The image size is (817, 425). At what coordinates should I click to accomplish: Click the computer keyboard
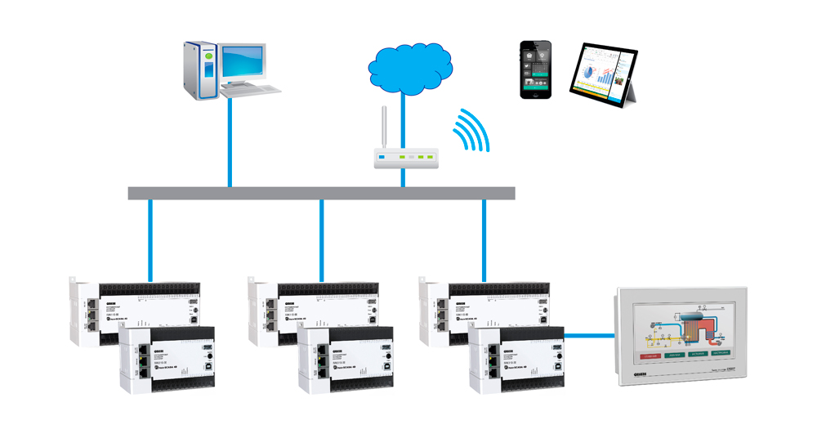coord(254,87)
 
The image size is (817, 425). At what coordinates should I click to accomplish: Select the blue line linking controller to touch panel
coord(590,334)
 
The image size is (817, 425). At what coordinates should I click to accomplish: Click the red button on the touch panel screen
coord(651,356)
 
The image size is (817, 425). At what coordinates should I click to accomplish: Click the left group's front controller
coord(167,356)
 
